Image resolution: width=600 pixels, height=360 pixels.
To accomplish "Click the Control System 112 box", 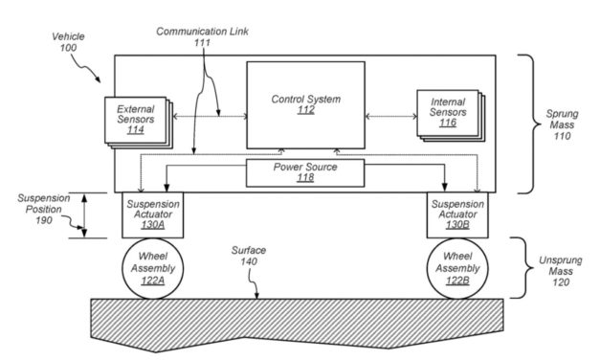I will pos(305,103).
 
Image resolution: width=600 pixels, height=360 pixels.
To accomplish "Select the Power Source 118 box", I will pos(305,172).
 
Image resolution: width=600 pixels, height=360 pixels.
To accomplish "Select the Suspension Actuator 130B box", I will pos(457,215).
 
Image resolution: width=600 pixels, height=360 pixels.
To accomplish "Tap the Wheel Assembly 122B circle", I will pos(457,269).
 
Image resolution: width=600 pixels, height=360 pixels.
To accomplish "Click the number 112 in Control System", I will pos(305,109).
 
